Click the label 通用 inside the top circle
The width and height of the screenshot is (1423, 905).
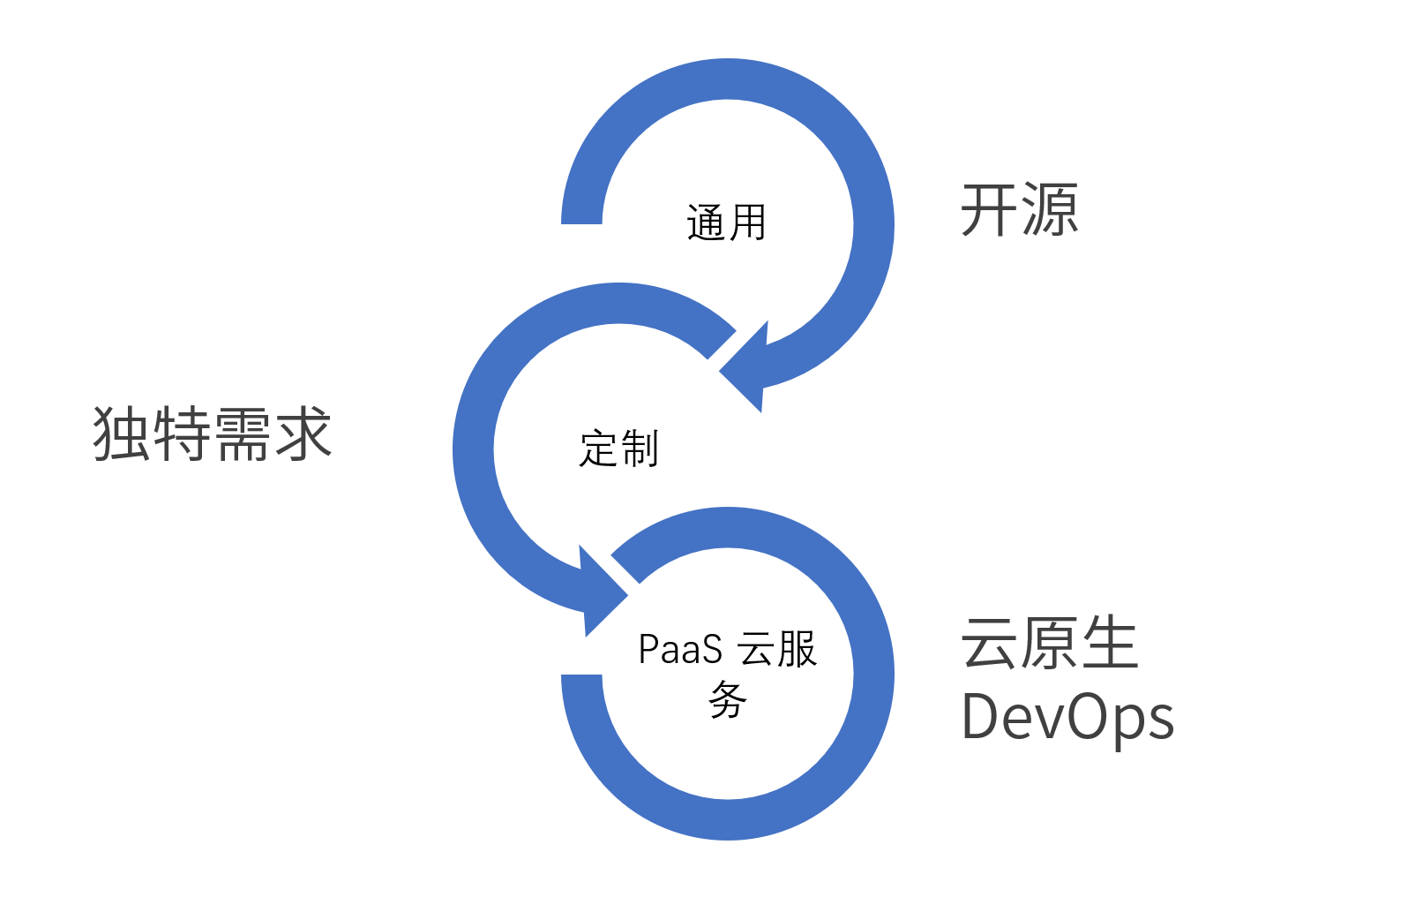(726, 222)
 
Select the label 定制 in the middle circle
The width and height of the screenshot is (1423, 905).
(618, 449)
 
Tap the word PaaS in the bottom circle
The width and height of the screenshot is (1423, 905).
(680, 650)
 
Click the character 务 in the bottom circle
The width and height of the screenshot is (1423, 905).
(728, 700)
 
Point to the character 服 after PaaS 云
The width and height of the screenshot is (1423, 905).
(797, 650)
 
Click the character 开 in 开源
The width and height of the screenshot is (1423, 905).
(988, 210)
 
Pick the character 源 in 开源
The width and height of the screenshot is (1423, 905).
(1049, 210)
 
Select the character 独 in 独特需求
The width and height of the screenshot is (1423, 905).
(122, 434)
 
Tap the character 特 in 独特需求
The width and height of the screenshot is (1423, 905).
(182, 434)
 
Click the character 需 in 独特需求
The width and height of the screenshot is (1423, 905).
(242, 434)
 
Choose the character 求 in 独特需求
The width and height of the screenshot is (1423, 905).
(303, 434)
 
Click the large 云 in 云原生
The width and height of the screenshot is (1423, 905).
(990, 643)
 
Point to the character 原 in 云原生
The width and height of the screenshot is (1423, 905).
(1050, 643)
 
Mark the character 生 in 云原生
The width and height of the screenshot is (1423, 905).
(1110, 643)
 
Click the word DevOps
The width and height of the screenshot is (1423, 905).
(1067, 717)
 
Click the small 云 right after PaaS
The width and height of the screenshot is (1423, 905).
(756, 650)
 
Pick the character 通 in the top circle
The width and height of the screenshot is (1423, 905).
(706, 222)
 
